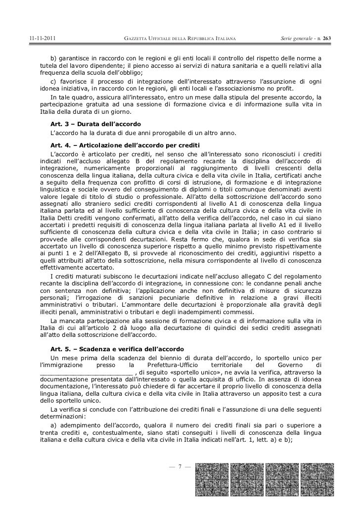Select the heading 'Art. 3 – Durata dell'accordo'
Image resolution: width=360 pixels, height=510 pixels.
tap(95, 123)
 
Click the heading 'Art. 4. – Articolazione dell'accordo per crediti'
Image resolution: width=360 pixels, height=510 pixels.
tap(124, 144)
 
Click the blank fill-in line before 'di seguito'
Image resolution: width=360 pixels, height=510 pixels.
tap(86, 372)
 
